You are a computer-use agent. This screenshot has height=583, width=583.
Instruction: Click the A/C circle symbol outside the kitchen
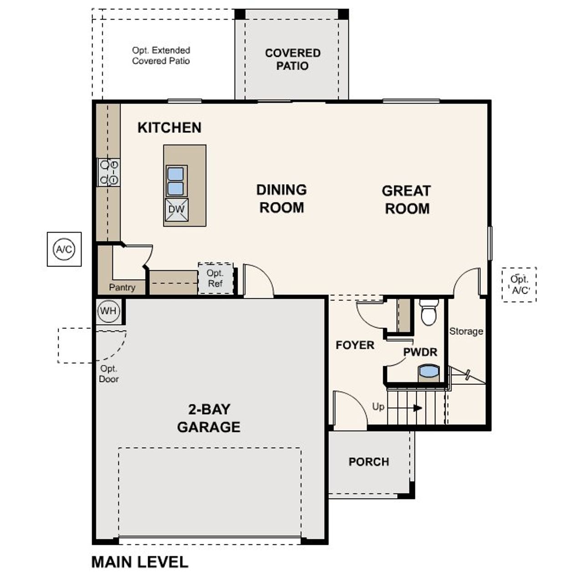[x=64, y=249]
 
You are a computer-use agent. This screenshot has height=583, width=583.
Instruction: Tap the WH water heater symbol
[x=108, y=311]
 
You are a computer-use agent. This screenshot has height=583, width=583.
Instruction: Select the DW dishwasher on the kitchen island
[x=176, y=210]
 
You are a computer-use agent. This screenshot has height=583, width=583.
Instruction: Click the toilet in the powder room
[x=429, y=312]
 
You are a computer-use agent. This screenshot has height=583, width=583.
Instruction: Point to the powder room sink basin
[x=429, y=371]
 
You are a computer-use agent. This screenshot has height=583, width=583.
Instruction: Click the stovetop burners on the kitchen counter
[x=109, y=172]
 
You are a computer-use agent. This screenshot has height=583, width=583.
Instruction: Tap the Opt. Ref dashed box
[x=215, y=278]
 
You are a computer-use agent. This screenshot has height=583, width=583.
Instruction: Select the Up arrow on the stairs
[x=417, y=408]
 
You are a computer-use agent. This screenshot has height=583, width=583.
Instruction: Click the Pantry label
[x=122, y=287]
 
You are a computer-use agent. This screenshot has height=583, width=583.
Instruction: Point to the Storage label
[x=466, y=331]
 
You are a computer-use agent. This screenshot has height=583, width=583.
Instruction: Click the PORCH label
[x=368, y=462]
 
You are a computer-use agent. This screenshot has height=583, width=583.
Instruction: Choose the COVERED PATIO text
[x=292, y=59]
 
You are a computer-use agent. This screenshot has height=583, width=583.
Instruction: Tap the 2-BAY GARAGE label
[x=209, y=418]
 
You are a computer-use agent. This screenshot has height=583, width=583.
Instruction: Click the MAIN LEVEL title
[x=140, y=562]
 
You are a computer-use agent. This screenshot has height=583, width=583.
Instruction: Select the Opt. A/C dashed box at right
[x=519, y=285]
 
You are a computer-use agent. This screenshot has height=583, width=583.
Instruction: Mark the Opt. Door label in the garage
[x=109, y=373]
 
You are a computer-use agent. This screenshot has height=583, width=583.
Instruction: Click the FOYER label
[x=355, y=345]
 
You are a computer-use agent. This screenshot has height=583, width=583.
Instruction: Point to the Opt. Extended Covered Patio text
[x=161, y=56]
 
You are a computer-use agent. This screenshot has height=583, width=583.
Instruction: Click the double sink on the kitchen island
[x=176, y=181]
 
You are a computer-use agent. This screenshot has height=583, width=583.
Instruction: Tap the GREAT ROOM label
[x=406, y=199]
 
